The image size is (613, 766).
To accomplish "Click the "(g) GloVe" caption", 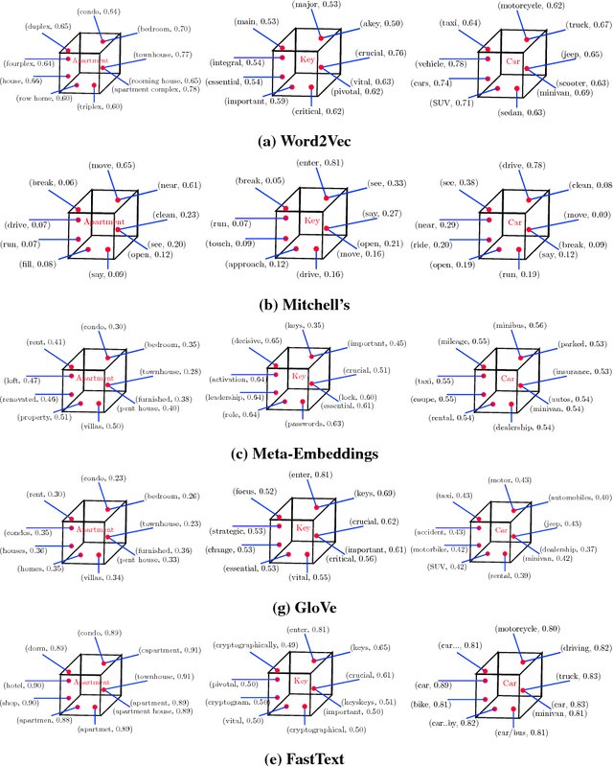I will pos(306,609).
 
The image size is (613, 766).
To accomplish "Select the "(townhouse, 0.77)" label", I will pos(161,57).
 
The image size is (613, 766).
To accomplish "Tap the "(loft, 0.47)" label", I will pos(24,381).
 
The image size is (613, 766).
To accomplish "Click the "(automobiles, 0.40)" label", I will pos(577,497).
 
